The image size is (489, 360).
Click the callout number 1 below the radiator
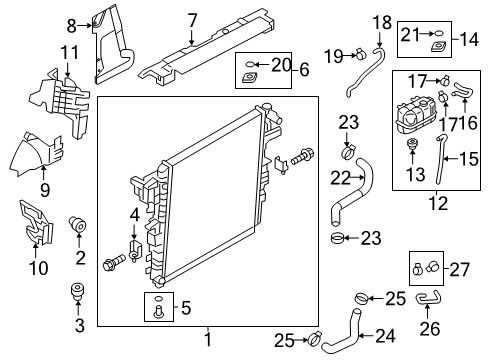click(x=208, y=341)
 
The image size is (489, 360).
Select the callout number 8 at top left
click(x=70, y=25)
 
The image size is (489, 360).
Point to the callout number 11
click(x=68, y=52)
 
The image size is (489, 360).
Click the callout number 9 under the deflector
click(x=44, y=186)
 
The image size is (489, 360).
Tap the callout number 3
click(x=80, y=326)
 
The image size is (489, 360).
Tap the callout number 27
click(x=459, y=268)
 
